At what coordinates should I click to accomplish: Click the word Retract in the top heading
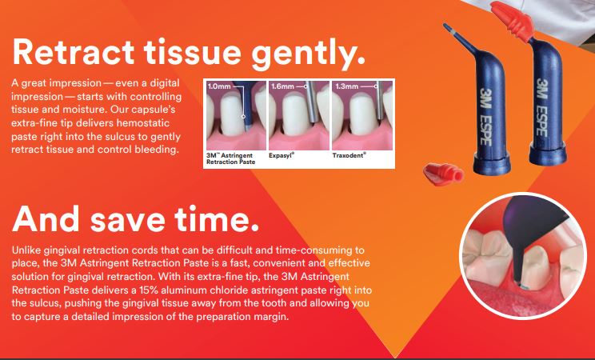[x=74, y=52]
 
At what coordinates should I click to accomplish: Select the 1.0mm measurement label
[x=219, y=86]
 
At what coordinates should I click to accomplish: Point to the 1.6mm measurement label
[x=282, y=86]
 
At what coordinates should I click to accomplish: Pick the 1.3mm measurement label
[x=347, y=86]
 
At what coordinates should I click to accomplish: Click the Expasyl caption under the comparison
[x=282, y=156]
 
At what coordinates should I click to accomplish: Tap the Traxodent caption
[x=349, y=155]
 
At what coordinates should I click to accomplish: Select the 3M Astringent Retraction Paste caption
[x=230, y=158]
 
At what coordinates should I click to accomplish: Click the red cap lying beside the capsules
[x=443, y=174]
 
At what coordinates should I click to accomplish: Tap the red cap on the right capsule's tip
[x=513, y=21]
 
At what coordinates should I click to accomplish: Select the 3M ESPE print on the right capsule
[x=541, y=107]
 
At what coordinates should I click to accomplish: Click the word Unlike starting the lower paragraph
[x=26, y=250]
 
